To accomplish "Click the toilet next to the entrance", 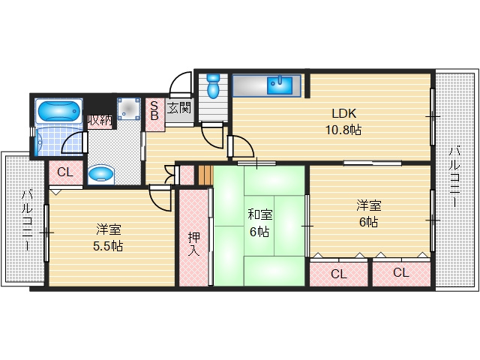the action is click(212, 85).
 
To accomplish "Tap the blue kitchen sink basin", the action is click(280, 85).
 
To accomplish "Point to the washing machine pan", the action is click(129, 109).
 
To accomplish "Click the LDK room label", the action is click(344, 113).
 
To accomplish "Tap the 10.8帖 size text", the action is click(343, 130).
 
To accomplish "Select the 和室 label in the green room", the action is click(260, 214).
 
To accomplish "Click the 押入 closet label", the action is click(193, 244).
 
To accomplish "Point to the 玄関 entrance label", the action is click(179, 108).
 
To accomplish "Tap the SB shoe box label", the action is click(154, 111).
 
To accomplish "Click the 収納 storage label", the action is click(100, 120).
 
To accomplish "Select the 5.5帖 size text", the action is click(108, 246).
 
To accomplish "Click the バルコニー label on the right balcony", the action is click(454, 178).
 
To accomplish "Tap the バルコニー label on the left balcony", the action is click(27, 220).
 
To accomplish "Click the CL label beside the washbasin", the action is click(65, 172).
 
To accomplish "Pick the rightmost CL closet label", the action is click(401, 272).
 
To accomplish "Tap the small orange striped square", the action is click(205, 175).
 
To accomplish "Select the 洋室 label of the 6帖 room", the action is click(368, 205).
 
